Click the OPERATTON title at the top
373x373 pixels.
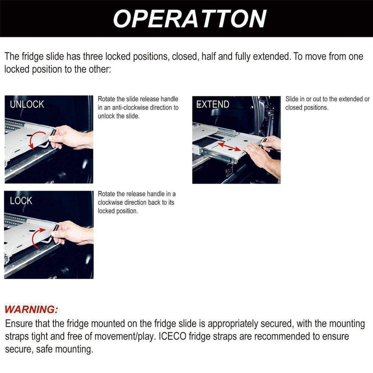(189, 18)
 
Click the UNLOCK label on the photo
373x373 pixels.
(27, 104)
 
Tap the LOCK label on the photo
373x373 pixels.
(21, 200)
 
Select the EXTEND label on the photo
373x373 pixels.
(213, 104)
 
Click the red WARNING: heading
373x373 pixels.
(31, 310)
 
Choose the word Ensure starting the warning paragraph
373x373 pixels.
(18, 324)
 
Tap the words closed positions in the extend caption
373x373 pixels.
(307, 107)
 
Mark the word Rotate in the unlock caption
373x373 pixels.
(107, 99)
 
